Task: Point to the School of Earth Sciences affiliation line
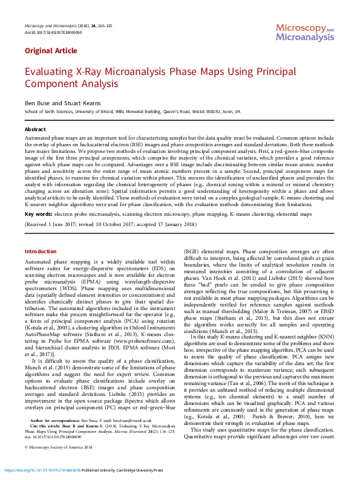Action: point(123,112)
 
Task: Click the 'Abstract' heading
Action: point(34,129)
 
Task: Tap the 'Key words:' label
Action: point(38,214)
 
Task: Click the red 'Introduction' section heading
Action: point(41,251)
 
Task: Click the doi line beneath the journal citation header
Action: point(48,32)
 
